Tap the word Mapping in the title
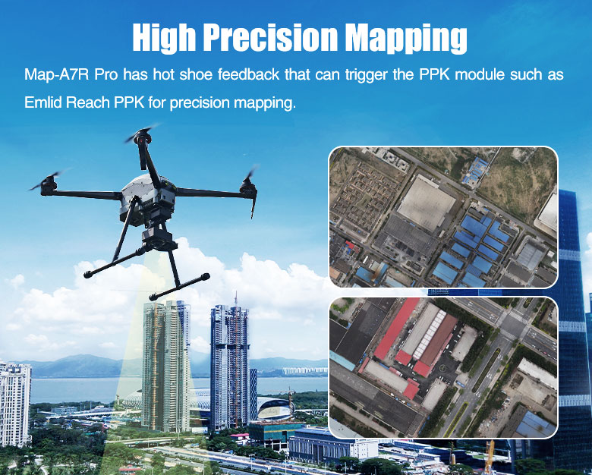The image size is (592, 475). tap(406, 39)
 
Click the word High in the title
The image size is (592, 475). tap(165, 39)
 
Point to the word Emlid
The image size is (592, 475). tap(43, 102)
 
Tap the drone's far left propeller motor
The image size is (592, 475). tap(49, 185)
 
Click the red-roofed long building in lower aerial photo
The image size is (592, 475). tap(395, 329)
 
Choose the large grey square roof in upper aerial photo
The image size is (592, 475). tap(426, 204)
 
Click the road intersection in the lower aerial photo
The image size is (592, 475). tap(514, 322)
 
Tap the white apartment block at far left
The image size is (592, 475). tap(15, 404)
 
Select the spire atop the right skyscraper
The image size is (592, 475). tap(235, 299)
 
